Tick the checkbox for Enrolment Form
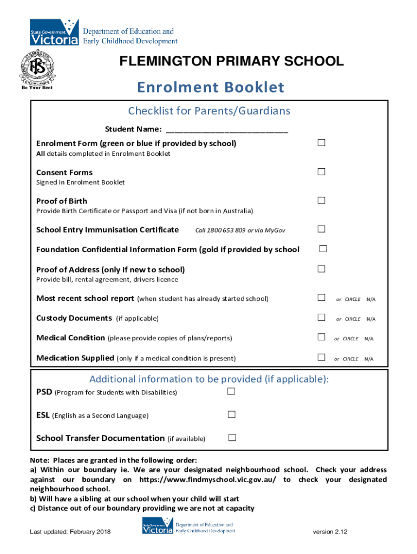321,143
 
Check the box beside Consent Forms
321,172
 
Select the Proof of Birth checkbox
321,200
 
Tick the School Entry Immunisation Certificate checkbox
321,229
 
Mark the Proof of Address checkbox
321,269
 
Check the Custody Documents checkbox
321,318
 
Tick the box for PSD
232,391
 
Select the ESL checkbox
232,414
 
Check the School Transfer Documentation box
232,437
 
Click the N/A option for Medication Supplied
368,359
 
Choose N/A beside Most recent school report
371,299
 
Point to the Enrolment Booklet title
210,87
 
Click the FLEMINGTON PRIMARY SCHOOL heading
231,61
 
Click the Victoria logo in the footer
158,527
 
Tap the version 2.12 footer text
330,532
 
